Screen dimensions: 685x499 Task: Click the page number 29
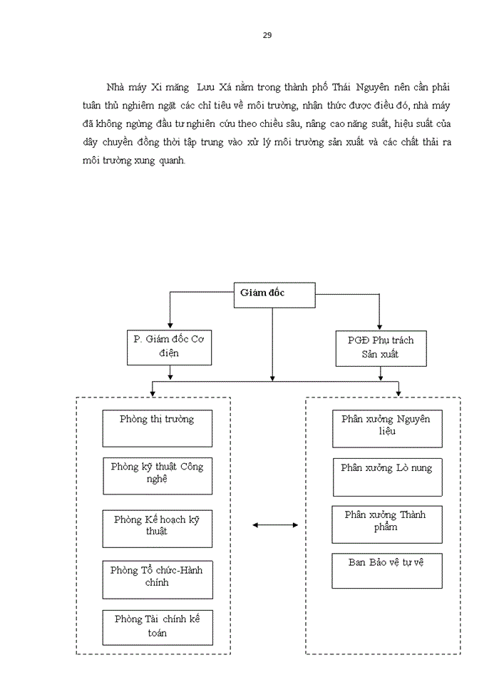[267, 35]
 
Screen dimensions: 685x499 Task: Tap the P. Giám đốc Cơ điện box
[168, 347]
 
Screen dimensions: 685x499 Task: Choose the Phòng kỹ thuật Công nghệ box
[158, 476]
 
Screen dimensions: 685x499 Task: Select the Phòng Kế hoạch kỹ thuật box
[158, 529]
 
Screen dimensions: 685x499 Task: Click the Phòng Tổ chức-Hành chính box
[158, 579]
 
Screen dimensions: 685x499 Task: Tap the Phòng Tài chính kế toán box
[158, 627]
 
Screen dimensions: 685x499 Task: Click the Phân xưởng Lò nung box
[387, 477]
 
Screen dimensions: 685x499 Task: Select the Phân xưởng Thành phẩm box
[386, 524]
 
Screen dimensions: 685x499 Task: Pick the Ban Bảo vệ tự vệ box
[386, 570]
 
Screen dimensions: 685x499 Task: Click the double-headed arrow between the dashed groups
[275, 526]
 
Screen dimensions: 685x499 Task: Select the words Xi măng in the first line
[173, 87]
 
